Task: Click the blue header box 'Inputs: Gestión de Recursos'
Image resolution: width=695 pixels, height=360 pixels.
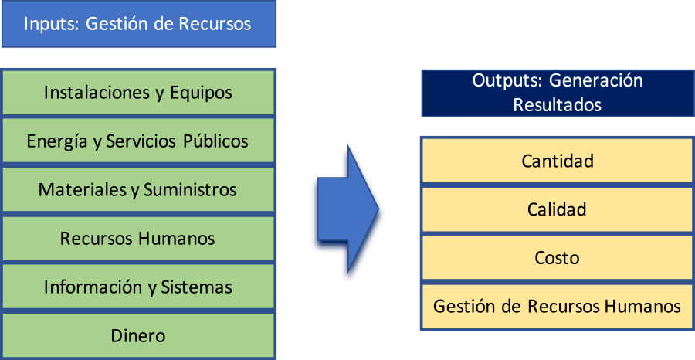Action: point(138,24)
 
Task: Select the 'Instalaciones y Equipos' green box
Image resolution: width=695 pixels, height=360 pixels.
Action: point(138,93)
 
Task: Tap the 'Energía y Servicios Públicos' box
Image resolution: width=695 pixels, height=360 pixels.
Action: point(138,141)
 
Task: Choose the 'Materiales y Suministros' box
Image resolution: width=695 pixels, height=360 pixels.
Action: point(138,190)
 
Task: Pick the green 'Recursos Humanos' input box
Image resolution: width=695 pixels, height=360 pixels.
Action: point(138,239)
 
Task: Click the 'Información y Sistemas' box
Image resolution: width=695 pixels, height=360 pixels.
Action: point(138,287)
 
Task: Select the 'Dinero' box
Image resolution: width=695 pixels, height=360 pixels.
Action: point(138,336)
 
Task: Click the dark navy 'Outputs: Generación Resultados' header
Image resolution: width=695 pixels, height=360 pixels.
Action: point(557,93)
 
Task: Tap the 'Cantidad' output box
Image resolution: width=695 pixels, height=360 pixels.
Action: point(557,161)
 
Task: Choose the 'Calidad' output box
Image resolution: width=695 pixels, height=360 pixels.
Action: point(557,209)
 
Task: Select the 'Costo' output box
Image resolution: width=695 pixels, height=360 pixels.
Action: point(557,258)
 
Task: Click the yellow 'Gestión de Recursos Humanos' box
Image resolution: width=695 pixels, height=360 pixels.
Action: point(557,307)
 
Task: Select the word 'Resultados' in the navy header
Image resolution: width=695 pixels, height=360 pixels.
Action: point(557,104)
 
